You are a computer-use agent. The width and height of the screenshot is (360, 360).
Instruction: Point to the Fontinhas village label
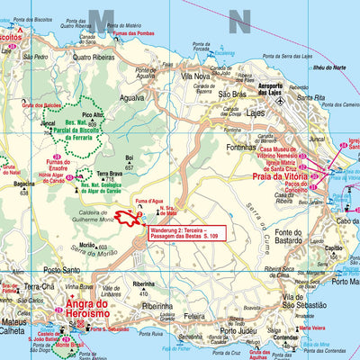242,147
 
